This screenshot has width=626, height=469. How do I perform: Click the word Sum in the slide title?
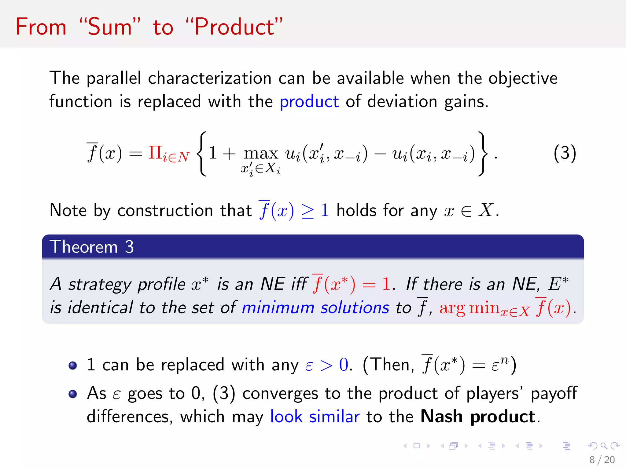(110, 27)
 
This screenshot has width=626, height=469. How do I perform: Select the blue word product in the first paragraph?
(309, 102)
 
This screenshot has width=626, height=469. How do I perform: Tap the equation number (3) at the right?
(565, 153)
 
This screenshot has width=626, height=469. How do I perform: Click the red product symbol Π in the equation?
(155, 152)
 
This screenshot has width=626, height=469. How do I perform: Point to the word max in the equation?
(261, 154)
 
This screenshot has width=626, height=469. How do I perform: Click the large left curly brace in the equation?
(202, 154)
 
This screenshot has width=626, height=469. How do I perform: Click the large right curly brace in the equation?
(482, 154)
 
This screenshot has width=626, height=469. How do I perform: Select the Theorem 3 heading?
(92, 247)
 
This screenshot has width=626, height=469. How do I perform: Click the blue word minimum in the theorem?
(278, 308)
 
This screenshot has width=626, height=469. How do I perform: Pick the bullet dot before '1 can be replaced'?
(73, 365)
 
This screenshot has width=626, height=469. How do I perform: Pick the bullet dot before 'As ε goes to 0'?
(73, 394)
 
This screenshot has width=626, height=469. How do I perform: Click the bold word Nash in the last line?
(441, 416)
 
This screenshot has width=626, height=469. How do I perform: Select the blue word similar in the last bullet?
(334, 416)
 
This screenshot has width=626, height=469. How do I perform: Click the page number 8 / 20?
(602, 460)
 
